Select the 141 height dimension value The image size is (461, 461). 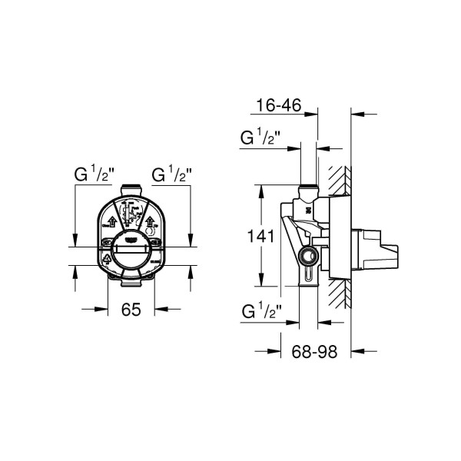[261, 237]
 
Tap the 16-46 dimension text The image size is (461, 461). [279, 104]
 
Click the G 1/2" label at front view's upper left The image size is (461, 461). [94, 174]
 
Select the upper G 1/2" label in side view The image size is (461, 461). [260, 139]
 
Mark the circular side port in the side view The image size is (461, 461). [309, 256]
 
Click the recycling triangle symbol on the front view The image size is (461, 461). [106, 260]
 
